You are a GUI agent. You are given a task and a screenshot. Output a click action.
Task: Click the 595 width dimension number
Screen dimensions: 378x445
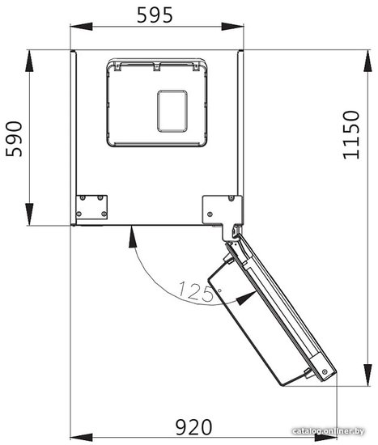(x=155, y=15)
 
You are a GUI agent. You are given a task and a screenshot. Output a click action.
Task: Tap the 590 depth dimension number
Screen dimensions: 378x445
(x=14, y=139)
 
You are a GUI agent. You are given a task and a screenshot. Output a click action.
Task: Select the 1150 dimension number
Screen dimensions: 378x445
(x=351, y=135)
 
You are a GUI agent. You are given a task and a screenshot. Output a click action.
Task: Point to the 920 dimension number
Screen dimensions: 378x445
(x=193, y=427)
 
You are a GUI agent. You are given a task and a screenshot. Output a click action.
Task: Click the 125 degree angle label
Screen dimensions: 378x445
(x=196, y=291)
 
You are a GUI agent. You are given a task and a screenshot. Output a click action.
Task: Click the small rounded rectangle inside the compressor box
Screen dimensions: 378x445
(x=172, y=112)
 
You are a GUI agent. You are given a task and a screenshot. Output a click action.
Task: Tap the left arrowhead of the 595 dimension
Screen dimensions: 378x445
(x=81, y=27)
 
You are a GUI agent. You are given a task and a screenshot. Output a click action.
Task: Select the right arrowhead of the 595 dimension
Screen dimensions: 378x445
(x=232, y=27)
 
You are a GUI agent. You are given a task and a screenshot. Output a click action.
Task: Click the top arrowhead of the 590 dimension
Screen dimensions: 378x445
(x=29, y=61)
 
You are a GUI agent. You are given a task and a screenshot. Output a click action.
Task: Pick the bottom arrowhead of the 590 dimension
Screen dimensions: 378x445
(x=29, y=214)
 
